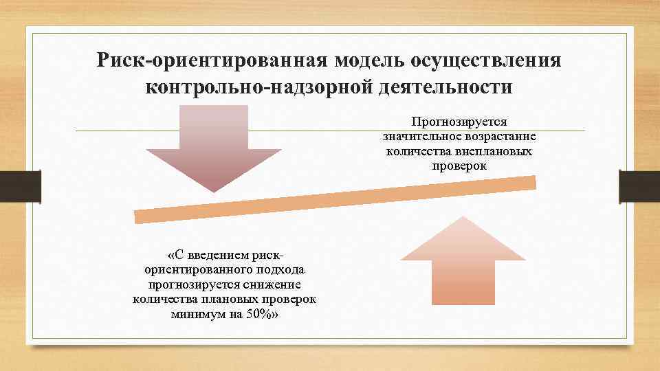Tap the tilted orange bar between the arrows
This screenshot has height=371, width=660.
pyautogui.click(x=335, y=199)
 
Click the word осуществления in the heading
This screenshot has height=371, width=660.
pyautogui.click(x=487, y=60)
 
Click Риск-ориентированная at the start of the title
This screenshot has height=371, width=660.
pyautogui.click(x=214, y=60)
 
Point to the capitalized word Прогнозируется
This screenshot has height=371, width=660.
pyautogui.click(x=459, y=122)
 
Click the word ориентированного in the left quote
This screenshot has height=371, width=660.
pyautogui.click(x=199, y=270)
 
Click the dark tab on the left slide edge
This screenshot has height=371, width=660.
pyautogui.click(x=20, y=185)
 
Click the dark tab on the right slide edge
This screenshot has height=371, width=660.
pyautogui.click(x=639, y=185)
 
